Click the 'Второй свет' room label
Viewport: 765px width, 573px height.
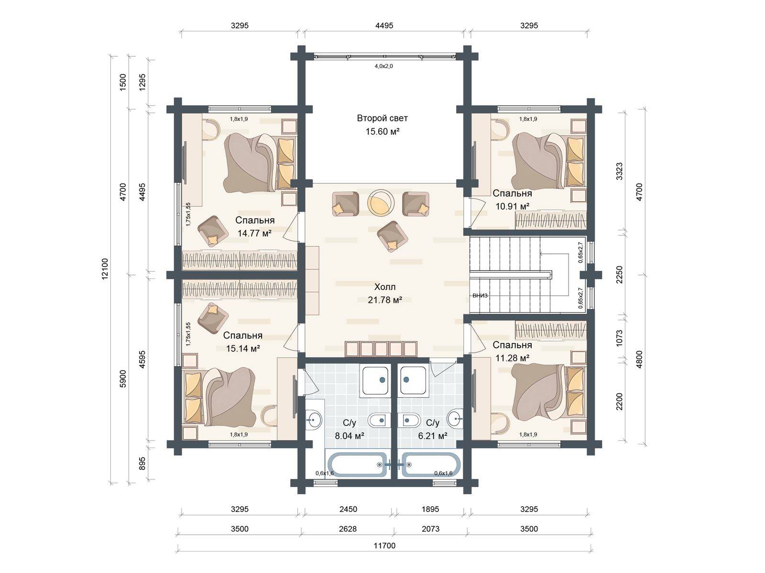382,118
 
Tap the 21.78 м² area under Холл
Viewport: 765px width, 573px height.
385,300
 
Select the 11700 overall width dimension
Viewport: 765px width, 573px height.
384,545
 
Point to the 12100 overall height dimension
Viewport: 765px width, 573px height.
105,268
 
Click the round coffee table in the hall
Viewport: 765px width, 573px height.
381,203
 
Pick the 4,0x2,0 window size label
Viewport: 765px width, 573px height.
384,66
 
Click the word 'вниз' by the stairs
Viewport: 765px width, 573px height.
480,296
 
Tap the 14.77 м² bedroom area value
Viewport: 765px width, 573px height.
254,233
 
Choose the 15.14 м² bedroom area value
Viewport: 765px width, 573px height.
243,348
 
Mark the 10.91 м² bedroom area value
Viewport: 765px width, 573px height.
513,206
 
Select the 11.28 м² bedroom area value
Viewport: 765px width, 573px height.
513,358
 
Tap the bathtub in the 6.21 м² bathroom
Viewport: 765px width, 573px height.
431,465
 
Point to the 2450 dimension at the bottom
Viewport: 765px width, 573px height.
348,509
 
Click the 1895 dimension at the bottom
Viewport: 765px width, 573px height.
430,509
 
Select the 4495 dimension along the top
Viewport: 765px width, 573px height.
384,25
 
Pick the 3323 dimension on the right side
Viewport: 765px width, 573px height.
619,171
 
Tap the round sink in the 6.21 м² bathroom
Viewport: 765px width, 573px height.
454,419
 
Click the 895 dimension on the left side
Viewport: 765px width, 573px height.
142,463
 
